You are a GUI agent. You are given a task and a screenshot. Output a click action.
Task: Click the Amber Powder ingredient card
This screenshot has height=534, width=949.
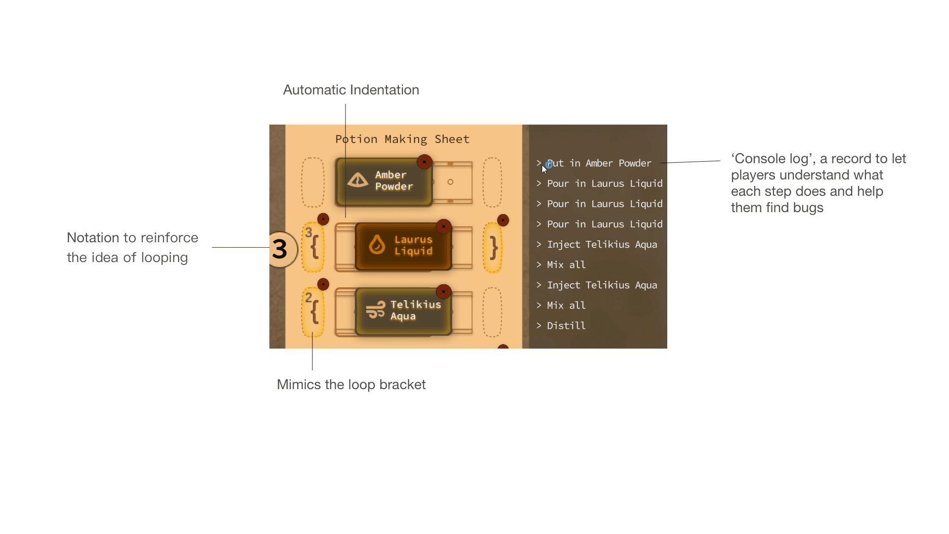[x=384, y=181]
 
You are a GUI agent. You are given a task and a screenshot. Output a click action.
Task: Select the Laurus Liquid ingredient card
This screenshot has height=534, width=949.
[x=403, y=246]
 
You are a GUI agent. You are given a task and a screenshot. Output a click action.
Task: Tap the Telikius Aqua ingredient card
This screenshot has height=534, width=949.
[x=403, y=311]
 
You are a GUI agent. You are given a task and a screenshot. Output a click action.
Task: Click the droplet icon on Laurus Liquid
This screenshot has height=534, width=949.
[x=377, y=245]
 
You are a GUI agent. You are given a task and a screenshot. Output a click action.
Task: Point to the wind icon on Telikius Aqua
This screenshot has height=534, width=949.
[x=376, y=310]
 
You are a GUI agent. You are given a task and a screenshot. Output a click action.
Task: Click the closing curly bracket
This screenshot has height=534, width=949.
[x=493, y=247]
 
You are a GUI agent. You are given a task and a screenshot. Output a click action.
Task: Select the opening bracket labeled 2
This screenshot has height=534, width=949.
[x=313, y=311]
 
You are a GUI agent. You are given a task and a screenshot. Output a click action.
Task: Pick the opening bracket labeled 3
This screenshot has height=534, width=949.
[x=313, y=246]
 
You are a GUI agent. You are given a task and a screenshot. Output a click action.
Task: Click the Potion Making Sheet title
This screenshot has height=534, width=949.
[x=402, y=139]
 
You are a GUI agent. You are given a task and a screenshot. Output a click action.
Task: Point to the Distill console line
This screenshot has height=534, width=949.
[x=566, y=326]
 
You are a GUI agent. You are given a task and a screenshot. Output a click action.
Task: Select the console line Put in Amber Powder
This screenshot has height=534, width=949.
[x=599, y=163]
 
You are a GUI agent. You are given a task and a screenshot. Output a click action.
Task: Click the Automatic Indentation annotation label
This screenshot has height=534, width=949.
[x=351, y=90]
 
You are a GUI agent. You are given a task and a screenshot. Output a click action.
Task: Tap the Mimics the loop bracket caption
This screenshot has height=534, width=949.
[x=351, y=385]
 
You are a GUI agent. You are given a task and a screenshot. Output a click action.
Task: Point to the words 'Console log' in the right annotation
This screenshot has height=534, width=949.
[x=772, y=159]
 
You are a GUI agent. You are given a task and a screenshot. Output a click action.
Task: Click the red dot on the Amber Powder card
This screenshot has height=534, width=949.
[x=424, y=162]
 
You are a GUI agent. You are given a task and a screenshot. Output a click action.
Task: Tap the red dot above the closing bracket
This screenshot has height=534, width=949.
[x=503, y=220]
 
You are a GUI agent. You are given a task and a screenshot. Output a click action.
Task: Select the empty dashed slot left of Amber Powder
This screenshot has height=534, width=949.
[x=313, y=182]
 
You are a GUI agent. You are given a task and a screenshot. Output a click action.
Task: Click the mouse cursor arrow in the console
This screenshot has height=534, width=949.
[x=544, y=169]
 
